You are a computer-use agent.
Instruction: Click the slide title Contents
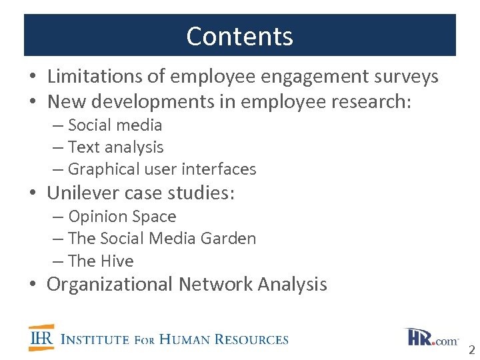coord(239,36)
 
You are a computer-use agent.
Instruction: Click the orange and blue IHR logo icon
coord(41,337)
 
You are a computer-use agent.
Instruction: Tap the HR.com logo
coord(431,337)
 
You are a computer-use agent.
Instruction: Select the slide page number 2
coord(471,350)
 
